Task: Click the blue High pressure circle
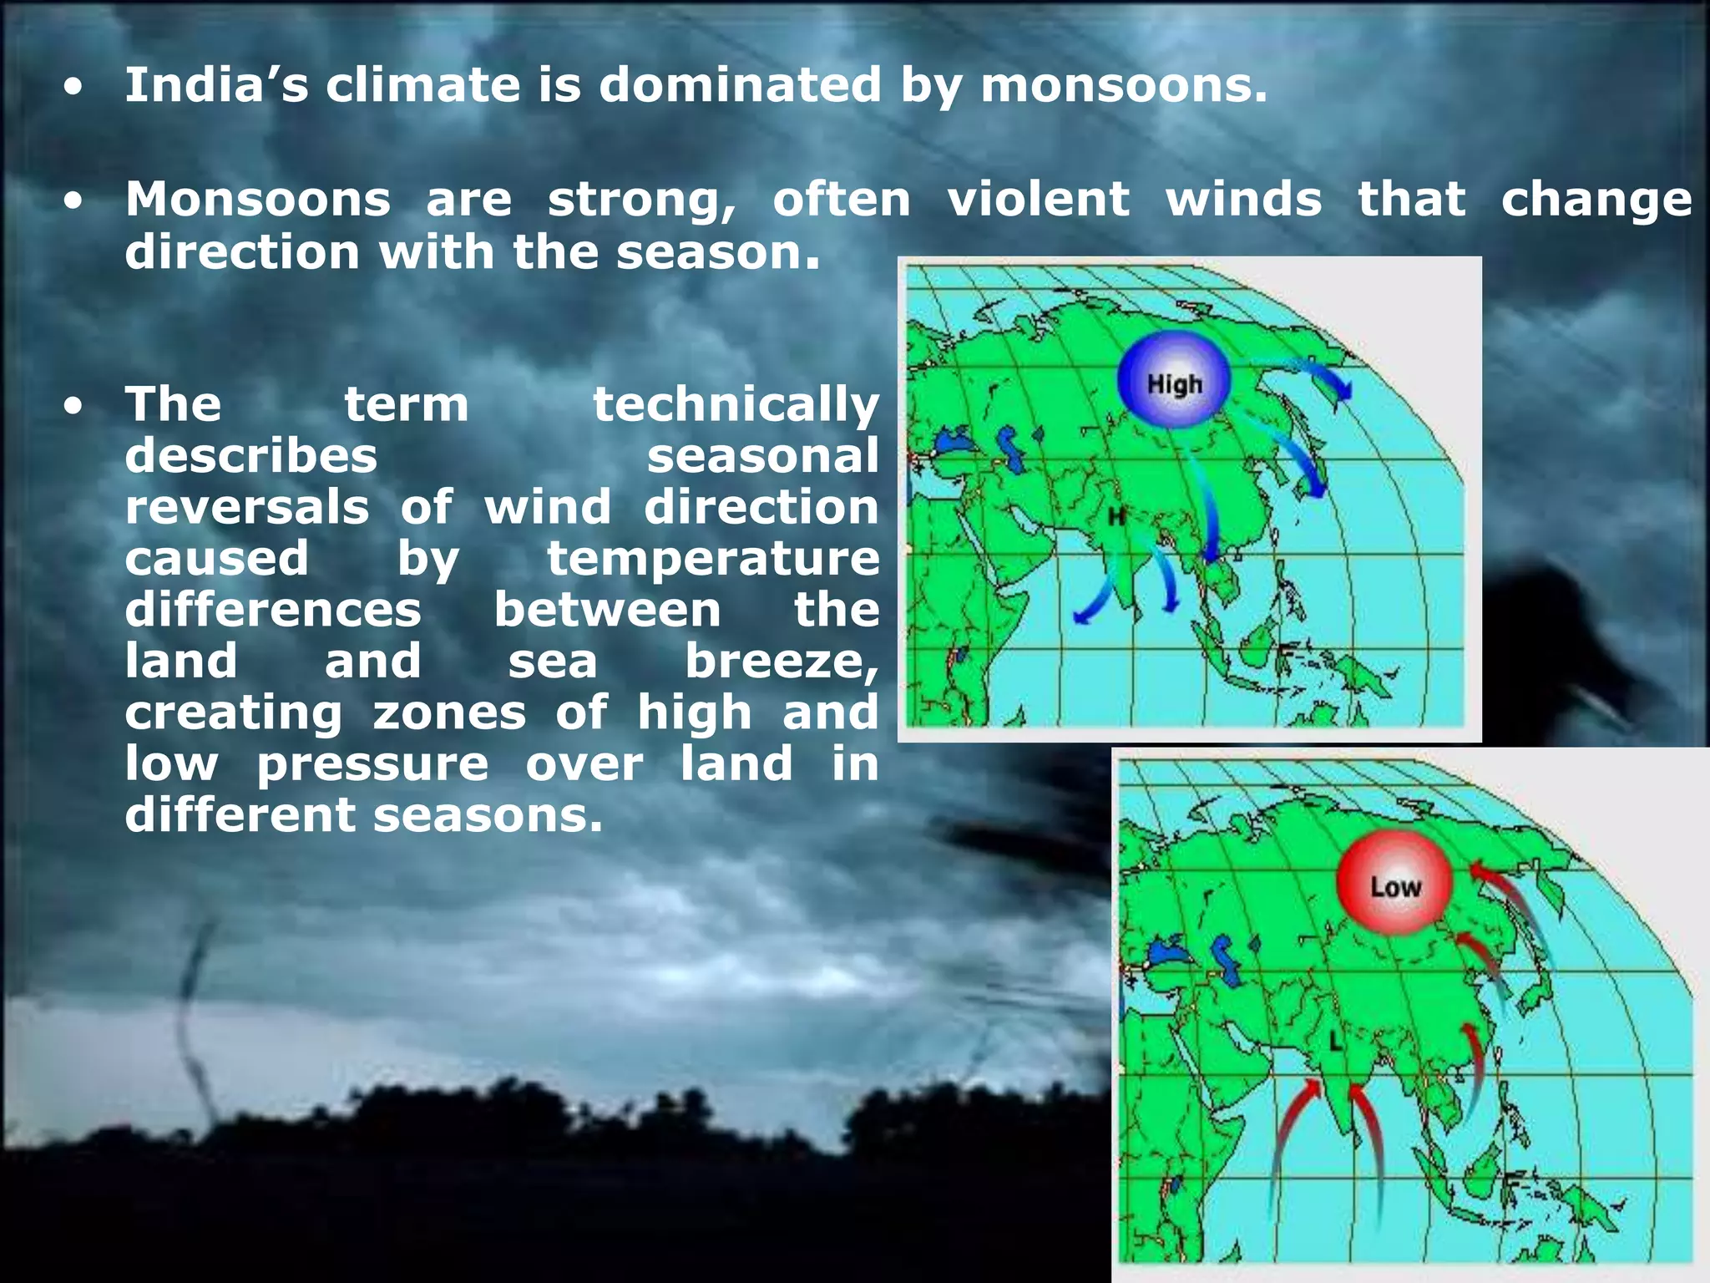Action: [x=1173, y=380]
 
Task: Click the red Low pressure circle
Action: [x=1394, y=884]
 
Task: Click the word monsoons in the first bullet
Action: [x=1123, y=86]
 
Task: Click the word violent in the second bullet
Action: [x=1038, y=200]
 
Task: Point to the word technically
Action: [x=736, y=406]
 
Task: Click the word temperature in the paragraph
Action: [x=713, y=559]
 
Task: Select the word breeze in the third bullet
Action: [x=780, y=662]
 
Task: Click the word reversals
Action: [x=247, y=508]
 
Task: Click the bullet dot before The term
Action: [x=74, y=407]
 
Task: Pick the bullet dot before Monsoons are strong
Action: [x=74, y=201]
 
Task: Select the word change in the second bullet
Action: [x=1596, y=200]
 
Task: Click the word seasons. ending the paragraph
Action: [x=488, y=815]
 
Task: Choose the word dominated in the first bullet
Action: [x=740, y=86]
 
